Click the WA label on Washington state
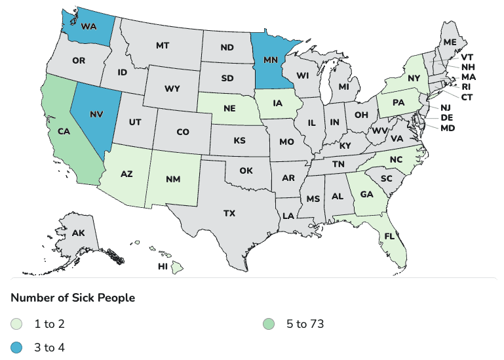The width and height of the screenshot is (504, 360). [x=90, y=28]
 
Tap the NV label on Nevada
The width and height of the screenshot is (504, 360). [x=96, y=113]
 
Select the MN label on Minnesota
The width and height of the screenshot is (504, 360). [x=270, y=59]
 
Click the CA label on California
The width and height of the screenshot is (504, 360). [x=64, y=131]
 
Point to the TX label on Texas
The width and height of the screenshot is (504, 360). [x=229, y=213]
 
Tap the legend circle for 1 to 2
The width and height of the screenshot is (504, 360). [x=16, y=323]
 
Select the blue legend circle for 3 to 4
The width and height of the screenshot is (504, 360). [x=16, y=347]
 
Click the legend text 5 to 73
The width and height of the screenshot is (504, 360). [x=305, y=323]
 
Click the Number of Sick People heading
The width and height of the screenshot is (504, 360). [x=73, y=298]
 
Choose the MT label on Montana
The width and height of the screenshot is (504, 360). [x=163, y=47]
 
